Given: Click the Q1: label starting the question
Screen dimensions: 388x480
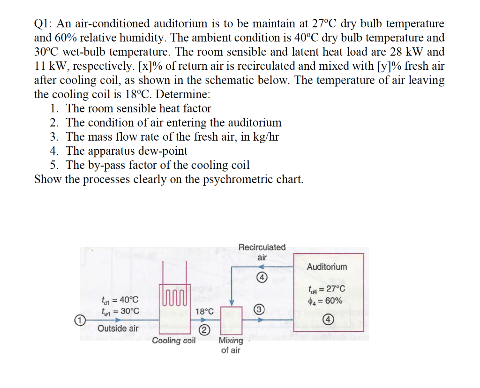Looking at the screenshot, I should (x=45, y=23).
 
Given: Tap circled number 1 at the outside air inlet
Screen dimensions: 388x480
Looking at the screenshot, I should (x=80, y=320).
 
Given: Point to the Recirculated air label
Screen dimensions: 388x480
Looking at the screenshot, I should (x=262, y=252).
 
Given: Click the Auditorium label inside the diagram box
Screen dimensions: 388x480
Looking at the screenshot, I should (x=327, y=267).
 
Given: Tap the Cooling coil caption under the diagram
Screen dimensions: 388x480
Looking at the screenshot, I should (x=173, y=341).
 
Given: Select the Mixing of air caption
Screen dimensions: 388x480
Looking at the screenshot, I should (x=231, y=345).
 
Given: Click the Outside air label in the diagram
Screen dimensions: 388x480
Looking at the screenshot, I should (x=118, y=328).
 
